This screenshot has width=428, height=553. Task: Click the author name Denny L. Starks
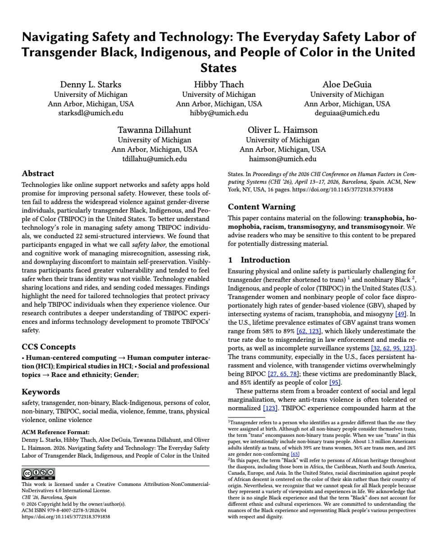pyautogui.click(x=91, y=85)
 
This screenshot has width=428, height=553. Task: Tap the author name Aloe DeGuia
pyautogui.click(x=346, y=85)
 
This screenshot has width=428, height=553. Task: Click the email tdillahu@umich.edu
pyautogui.click(x=154, y=159)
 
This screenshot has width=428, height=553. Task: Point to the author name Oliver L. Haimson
pyautogui.click(x=282, y=130)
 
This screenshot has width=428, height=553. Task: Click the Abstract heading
pyautogui.click(x=38, y=173)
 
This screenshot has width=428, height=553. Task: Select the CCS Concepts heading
pyautogui.click(x=49, y=347)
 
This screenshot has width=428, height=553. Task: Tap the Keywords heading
pyautogui.click(x=41, y=392)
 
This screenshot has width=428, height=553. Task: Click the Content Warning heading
pyautogui.click(x=261, y=207)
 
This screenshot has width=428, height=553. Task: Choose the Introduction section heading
pyautogui.click(x=265, y=260)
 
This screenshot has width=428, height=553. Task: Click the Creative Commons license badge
pyautogui.click(x=38, y=473)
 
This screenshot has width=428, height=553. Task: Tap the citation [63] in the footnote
pyautogui.click(x=295, y=454)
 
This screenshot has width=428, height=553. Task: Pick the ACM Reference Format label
pyautogui.click(x=55, y=432)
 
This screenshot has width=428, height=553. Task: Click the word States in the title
pyautogui.click(x=219, y=68)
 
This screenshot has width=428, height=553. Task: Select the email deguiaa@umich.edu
pyautogui.click(x=347, y=113)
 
